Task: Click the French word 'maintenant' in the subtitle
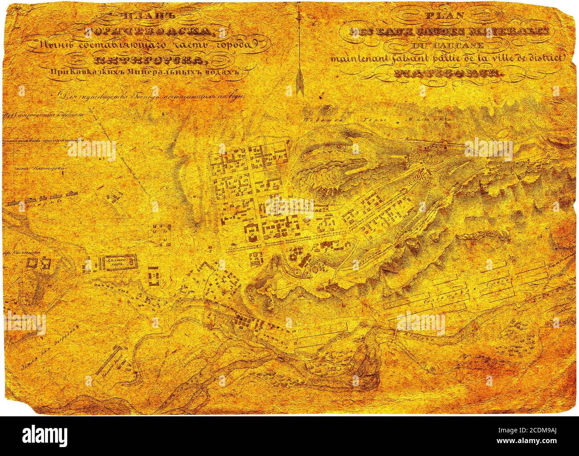[x=355, y=58]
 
